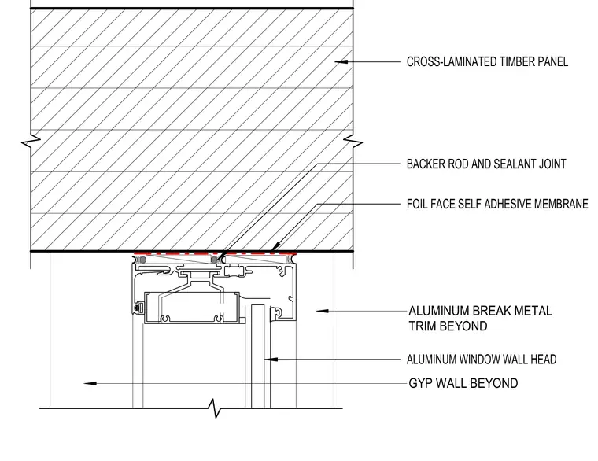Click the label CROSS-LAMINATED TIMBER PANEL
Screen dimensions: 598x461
click(x=487, y=61)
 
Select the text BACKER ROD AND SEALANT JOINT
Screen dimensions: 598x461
click(x=486, y=164)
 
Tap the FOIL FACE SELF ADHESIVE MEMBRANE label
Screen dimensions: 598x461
click(x=497, y=204)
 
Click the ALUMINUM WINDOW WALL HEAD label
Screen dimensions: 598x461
click(x=482, y=360)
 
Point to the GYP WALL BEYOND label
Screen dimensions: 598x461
click(x=463, y=383)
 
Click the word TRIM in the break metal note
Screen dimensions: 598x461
click(x=423, y=326)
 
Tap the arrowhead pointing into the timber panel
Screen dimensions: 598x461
click(x=341, y=61)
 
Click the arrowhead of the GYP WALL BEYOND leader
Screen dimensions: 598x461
click(x=90, y=383)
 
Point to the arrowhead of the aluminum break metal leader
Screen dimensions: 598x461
click(x=322, y=312)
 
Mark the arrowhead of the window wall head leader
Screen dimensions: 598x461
click(x=271, y=360)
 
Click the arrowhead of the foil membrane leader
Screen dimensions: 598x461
click(x=275, y=247)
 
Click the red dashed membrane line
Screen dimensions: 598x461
click(x=215, y=253)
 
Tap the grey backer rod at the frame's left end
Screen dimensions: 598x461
click(x=142, y=260)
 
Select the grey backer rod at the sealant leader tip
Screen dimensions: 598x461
click(x=214, y=260)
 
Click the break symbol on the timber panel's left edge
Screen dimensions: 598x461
click(x=31, y=143)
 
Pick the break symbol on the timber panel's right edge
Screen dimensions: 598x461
click(x=353, y=143)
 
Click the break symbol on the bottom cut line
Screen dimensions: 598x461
click(x=216, y=408)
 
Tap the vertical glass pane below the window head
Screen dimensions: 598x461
click(x=257, y=356)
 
